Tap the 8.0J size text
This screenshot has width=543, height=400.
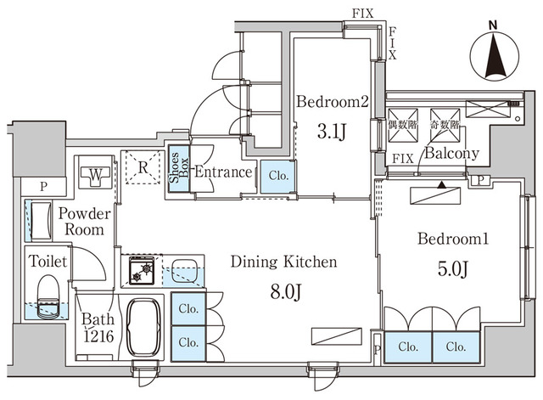pyautogui.click(x=284, y=293)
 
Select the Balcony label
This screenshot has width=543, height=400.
pyautogui.click(x=451, y=154)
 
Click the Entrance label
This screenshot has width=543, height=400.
pyautogui.click(x=223, y=172)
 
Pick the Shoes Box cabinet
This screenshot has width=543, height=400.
pyautogui.click(x=179, y=171)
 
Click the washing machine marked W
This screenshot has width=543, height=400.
pyautogui.click(x=96, y=177)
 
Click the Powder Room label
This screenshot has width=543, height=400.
pyautogui.click(x=81, y=222)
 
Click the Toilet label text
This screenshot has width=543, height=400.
pyautogui.click(x=44, y=262)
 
